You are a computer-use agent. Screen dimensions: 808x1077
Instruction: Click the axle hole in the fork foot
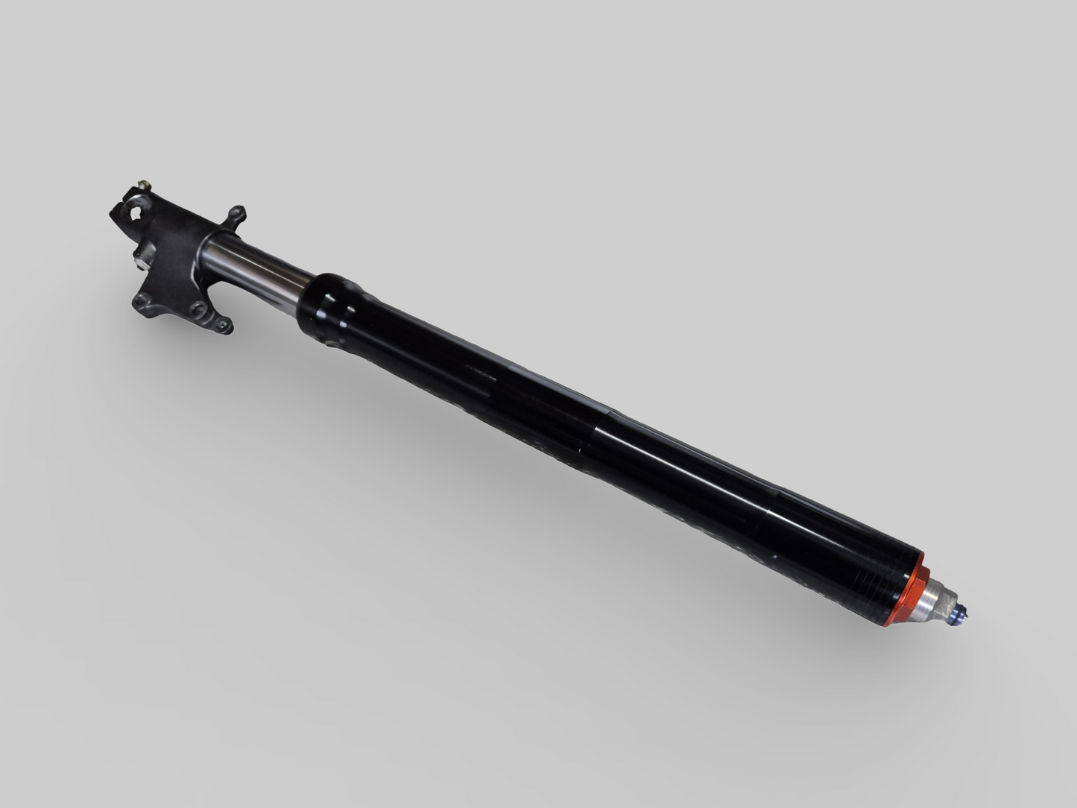[136, 212]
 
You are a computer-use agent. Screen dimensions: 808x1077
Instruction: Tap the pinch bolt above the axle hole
[144, 185]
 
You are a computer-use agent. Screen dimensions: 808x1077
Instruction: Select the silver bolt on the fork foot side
[139, 261]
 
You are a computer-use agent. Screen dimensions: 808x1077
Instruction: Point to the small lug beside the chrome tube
[236, 216]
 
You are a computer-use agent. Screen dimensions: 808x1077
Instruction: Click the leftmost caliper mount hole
[142, 300]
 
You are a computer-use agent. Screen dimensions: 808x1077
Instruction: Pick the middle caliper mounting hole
[197, 308]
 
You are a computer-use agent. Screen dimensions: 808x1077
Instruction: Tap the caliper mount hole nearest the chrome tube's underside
[222, 324]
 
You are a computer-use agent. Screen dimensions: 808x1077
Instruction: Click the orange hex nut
[906, 593]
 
